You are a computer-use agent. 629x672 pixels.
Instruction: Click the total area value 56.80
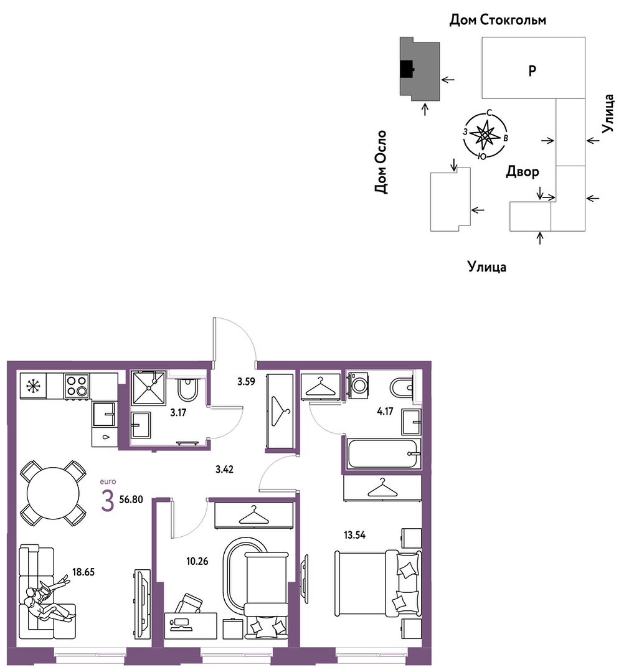pyautogui.click(x=131, y=499)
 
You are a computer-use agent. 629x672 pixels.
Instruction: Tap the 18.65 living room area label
pyautogui.click(x=83, y=572)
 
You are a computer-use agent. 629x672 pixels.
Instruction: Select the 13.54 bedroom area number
pyautogui.click(x=354, y=535)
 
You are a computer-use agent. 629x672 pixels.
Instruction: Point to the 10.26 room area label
pyautogui.click(x=197, y=561)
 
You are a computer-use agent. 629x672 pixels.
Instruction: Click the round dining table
pyautogui.click(x=53, y=493)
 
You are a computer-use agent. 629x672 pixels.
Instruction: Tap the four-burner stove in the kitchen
pyautogui.click(x=77, y=386)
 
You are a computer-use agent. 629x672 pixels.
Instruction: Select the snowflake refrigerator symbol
pyautogui.click(x=32, y=386)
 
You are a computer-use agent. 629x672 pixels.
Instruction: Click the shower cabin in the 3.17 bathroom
pyautogui.click(x=148, y=388)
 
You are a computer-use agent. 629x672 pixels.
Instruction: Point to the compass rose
pyautogui.click(x=485, y=135)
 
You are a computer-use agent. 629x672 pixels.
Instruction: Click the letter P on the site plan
pyautogui.click(x=532, y=70)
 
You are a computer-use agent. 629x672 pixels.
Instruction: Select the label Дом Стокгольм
pyautogui.click(x=498, y=20)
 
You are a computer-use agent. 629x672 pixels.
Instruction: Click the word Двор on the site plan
pyautogui.click(x=523, y=171)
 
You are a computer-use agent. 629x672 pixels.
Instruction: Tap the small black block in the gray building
pyautogui.click(x=406, y=69)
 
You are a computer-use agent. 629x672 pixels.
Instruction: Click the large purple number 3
pyautogui.click(x=108, y=501)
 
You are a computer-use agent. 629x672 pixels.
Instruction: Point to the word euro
pyautogui.click(x=108, y=481)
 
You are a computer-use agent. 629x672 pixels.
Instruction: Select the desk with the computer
pyautogui.click(x=191, y=626)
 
